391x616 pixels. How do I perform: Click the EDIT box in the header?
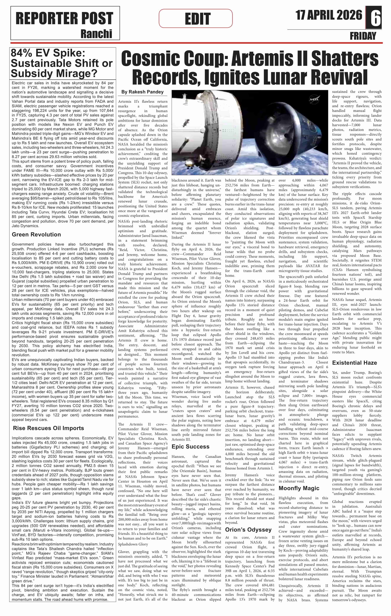(x=196, y=18)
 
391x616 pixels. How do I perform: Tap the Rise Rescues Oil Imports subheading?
(x=48, y=428)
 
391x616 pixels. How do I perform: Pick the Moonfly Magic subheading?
(x=299, y=488)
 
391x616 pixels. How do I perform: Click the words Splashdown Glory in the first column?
(x=133, y=544)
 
